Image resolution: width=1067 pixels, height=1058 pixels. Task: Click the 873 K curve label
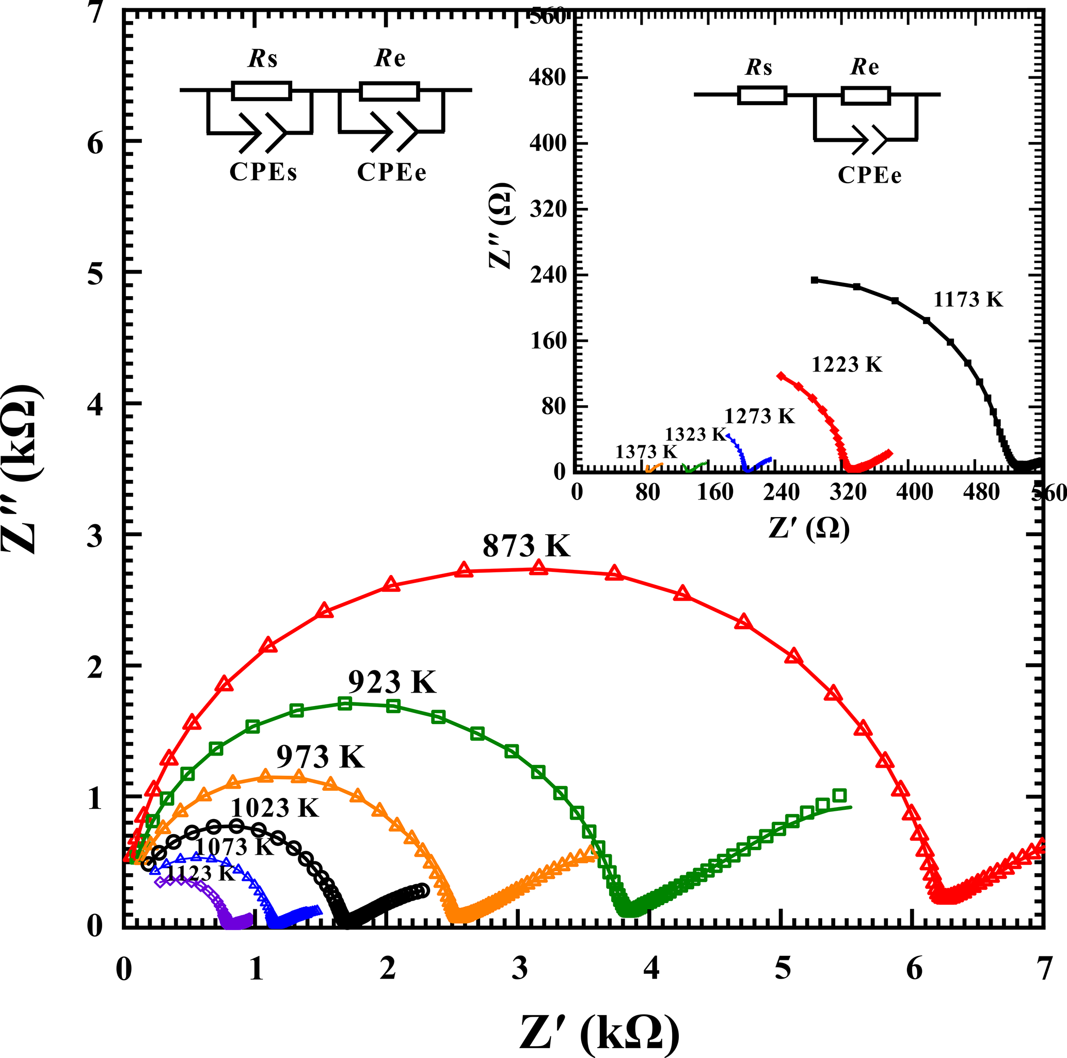click(x=526, y=546)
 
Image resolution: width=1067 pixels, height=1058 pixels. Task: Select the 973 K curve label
click(x=321, y=757)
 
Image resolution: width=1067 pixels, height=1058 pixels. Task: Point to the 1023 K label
click(x=275, y=808)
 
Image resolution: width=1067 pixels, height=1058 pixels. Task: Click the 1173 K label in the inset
click(x=967, y=299)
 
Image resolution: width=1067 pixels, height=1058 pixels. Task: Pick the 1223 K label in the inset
click(x=847, y=364)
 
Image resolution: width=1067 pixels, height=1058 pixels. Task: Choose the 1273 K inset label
click(x=759, y=416)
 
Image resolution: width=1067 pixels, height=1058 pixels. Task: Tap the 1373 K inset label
click(x=646, y=452)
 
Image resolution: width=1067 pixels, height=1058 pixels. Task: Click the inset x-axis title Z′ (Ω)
click(x=809, y=528)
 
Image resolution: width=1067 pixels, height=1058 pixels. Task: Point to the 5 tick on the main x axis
click(x=783, y=969)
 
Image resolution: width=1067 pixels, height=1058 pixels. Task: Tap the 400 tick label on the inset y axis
click(x=548, y=143)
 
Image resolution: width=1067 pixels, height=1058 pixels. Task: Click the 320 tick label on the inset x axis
click(x=848, y=491)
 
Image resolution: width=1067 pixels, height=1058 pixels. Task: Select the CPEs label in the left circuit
click(x=263, y=172)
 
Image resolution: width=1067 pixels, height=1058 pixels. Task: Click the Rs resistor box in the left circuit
click(x=261, y=90)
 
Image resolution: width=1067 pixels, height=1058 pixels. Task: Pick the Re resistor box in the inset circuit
click(x=865, y=95)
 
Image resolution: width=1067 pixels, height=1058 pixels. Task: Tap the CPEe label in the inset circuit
click(x=869, y=175)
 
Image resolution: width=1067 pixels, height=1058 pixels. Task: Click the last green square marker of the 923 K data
click(x=839, y=795)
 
